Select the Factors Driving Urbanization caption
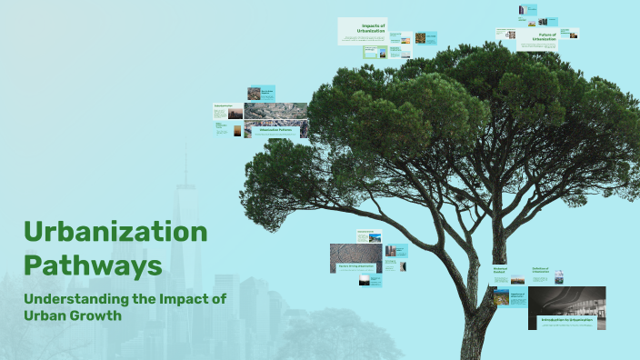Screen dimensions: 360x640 tap(355, 266)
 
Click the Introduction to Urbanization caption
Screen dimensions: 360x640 tap(566, 320)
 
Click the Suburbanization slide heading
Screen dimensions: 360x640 tap(225, 106)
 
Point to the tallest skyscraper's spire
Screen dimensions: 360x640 tap(184, 159)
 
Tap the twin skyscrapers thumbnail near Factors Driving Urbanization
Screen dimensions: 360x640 tap(390, 251)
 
